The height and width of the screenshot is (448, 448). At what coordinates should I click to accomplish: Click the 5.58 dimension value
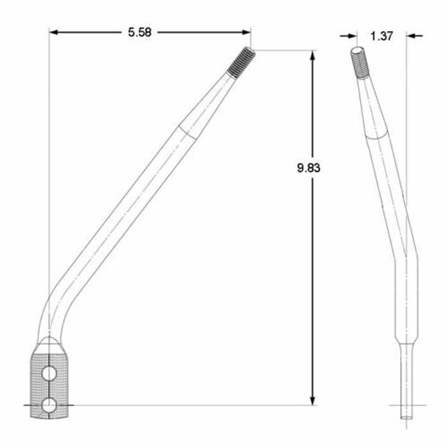tap(140, 33)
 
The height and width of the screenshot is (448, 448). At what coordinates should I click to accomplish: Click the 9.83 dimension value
tap(308, 168)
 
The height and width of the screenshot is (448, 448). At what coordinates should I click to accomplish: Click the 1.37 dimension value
tap(382, 36)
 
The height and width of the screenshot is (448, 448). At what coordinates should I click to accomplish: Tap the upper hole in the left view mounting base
tap(49, 373)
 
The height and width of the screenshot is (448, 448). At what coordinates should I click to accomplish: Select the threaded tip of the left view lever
tap(242, 62)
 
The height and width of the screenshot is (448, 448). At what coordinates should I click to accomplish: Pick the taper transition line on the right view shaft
tap(376, 136)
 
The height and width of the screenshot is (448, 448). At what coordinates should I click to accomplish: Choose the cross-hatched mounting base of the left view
tap(49, 383)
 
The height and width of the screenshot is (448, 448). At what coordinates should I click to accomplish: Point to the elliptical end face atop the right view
tap(357, 50)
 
